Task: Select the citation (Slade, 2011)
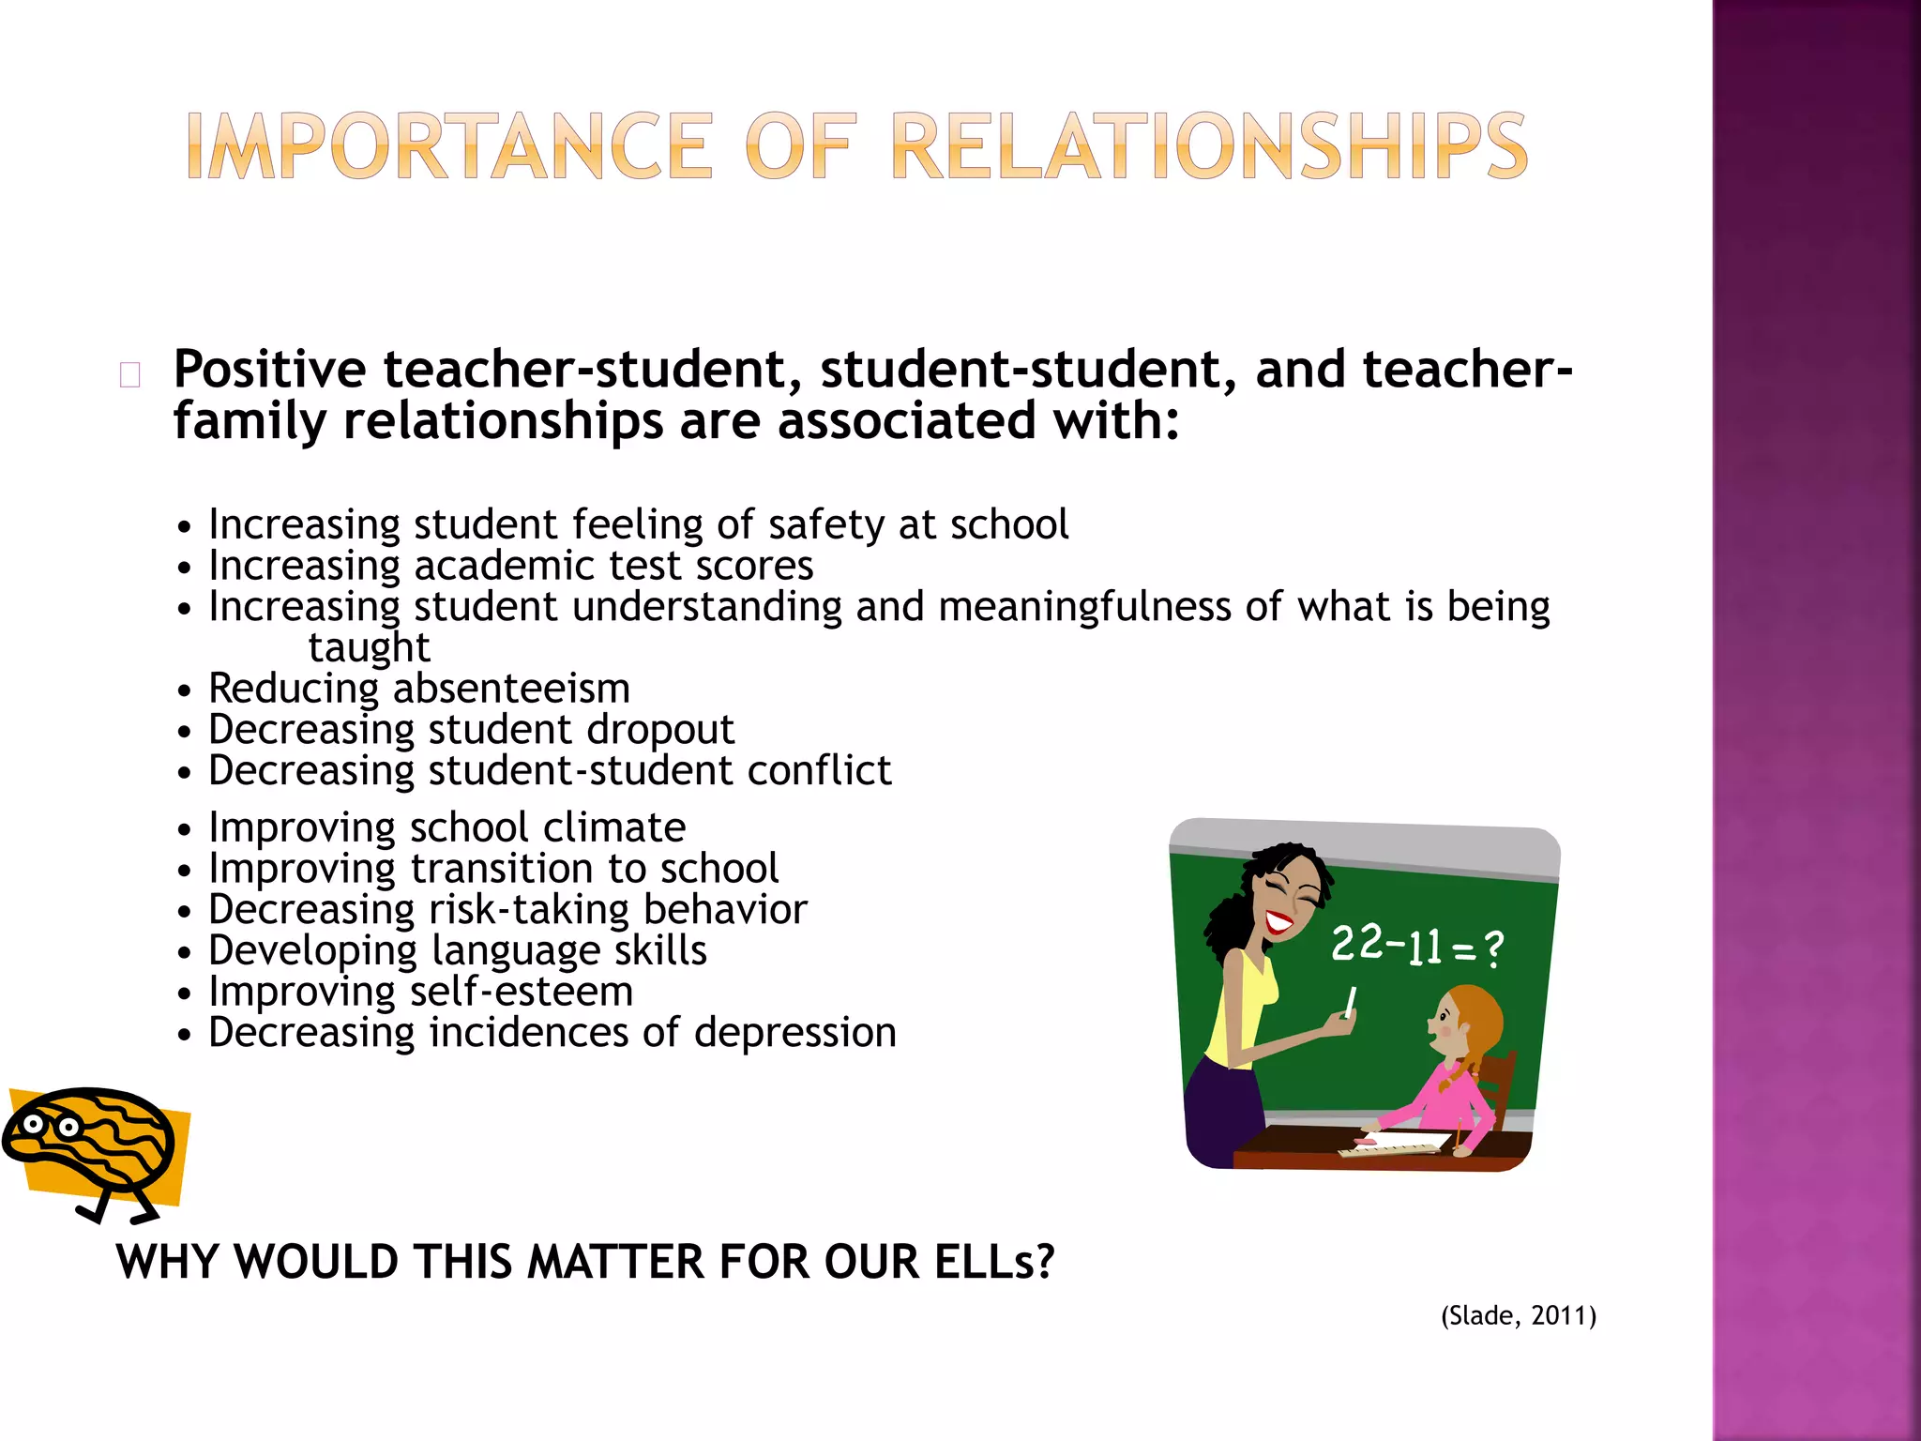point(1519,1315)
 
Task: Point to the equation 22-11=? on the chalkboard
point(1416,946)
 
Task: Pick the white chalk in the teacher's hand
point(1351,1002)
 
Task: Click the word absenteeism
point(511,689)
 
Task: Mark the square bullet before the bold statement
point(130,375)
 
